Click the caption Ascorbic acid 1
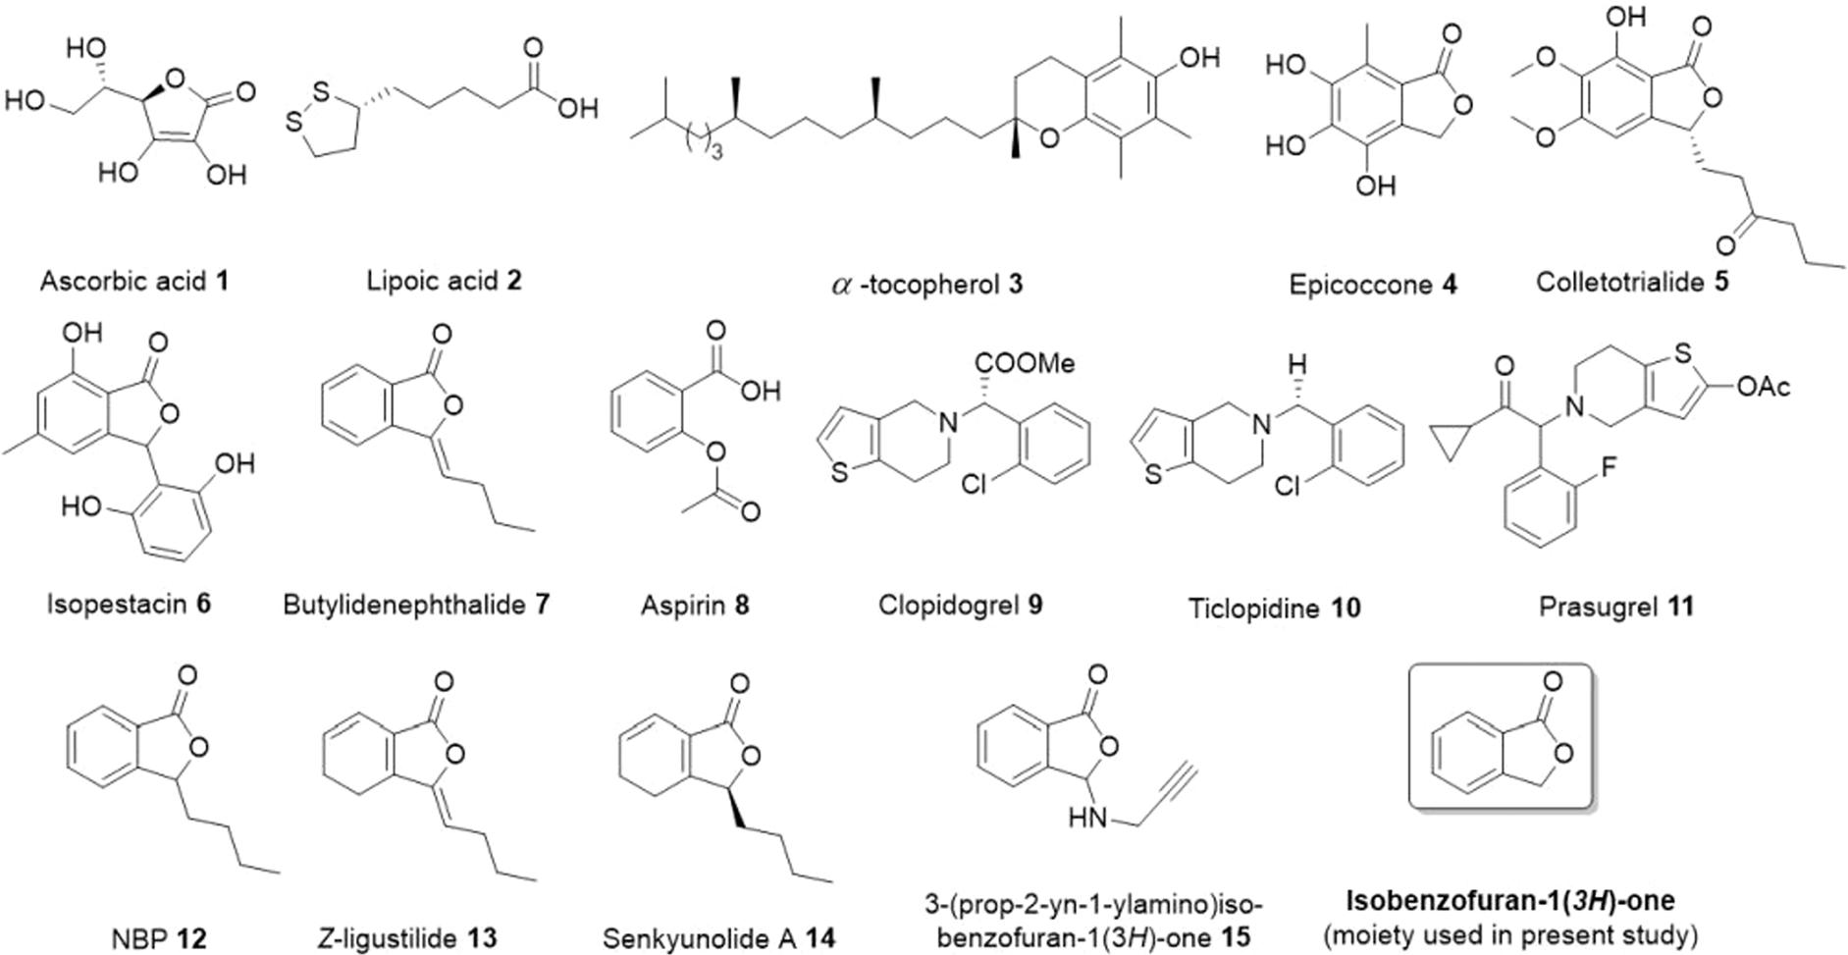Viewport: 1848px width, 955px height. (134, 282)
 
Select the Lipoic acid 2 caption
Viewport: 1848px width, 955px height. (444, 281)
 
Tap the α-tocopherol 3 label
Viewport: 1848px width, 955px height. (923, 284)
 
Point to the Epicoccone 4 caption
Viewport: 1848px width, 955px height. (1373, 285)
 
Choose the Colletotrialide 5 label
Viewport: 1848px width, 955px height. (1632, 282)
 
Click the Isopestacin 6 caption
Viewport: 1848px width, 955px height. (129, 603)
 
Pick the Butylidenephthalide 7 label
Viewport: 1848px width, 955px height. (416, 604)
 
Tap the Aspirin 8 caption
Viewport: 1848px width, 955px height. (695, 605)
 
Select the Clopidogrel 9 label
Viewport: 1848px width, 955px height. (960, 605)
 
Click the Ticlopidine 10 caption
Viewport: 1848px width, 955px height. (1275, 608)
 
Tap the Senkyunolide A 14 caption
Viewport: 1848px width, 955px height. (718, 938)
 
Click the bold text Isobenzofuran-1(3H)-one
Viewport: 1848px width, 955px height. (1510, 900)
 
